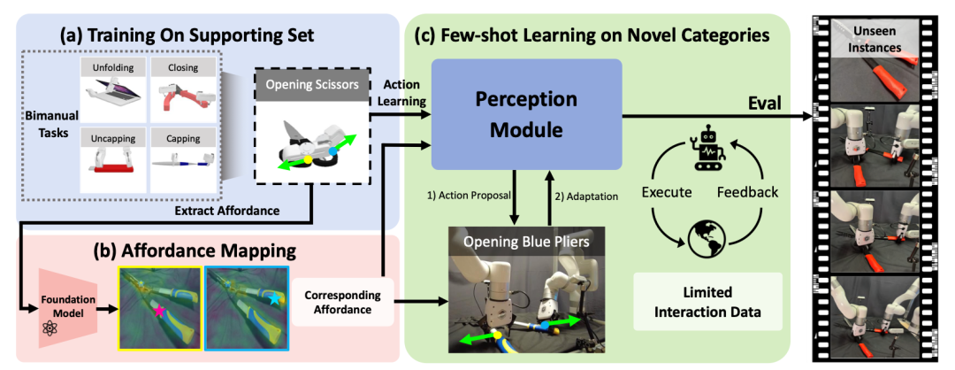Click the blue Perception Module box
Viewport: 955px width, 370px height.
pos(527,114)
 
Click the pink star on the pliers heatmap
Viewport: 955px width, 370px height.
pos(159,311)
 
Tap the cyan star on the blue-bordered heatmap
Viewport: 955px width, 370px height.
pos(275,298)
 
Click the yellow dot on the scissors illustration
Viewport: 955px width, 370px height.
pos(308,159)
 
